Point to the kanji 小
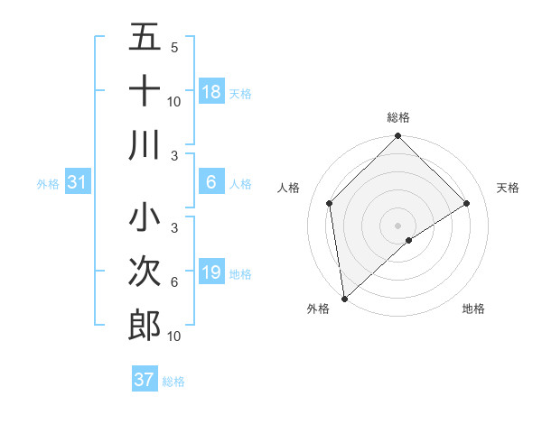[145, 217]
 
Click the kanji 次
[145, 272]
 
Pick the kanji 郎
[145, 325]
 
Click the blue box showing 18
[211, 91]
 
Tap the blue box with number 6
[211, 182]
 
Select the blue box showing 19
[211, 272]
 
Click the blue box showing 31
[78, 182]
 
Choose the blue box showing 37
[145, 381]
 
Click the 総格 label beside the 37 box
[173, 382]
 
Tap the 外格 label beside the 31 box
[48, 183]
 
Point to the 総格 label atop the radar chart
[398, 117]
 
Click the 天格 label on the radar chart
[509, 188]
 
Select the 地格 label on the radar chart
[473, 309]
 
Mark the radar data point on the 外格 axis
[344, 299]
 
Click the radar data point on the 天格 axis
[467, 203]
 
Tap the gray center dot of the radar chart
[398, 225]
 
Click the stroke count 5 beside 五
[174, 47]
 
